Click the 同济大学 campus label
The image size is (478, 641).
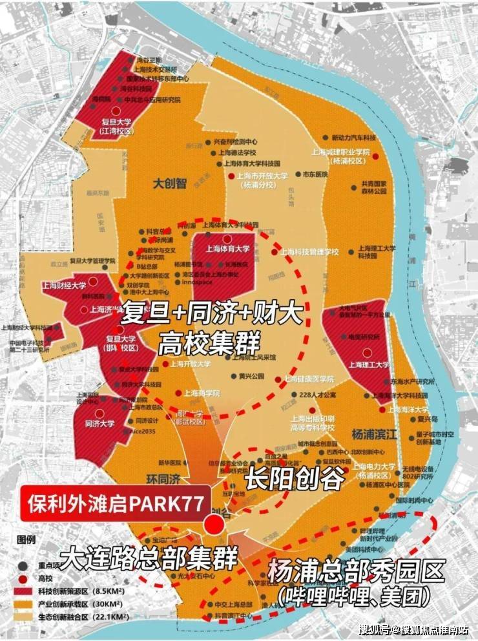[x=99, y=424]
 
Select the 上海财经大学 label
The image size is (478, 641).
[x=65, y=284]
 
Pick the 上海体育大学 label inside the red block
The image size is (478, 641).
[x=227, y=248]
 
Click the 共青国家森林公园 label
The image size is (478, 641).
[x=374, y=187]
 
